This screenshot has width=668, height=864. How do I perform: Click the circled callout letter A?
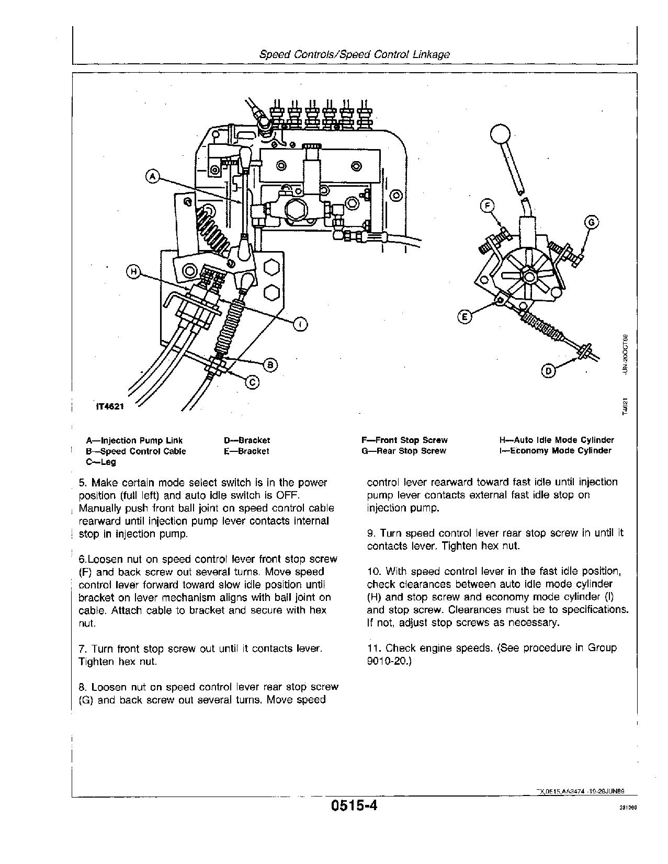point(152,177)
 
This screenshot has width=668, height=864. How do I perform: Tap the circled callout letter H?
point(134,272)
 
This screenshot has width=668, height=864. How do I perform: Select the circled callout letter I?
point(300,325)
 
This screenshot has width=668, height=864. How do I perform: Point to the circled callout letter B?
point(270,365)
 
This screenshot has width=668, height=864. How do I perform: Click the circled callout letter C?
point(252,383)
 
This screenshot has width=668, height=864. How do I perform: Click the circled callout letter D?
point(548,371)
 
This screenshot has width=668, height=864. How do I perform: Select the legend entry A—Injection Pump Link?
point(134,440)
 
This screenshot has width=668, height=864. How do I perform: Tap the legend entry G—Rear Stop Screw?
point(403,451)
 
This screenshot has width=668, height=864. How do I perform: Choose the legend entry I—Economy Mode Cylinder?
point(556,451)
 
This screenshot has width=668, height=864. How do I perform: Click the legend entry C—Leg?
point(101,462)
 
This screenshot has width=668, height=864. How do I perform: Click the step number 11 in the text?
point(373,648)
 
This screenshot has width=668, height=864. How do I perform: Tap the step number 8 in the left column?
point(82,687)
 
